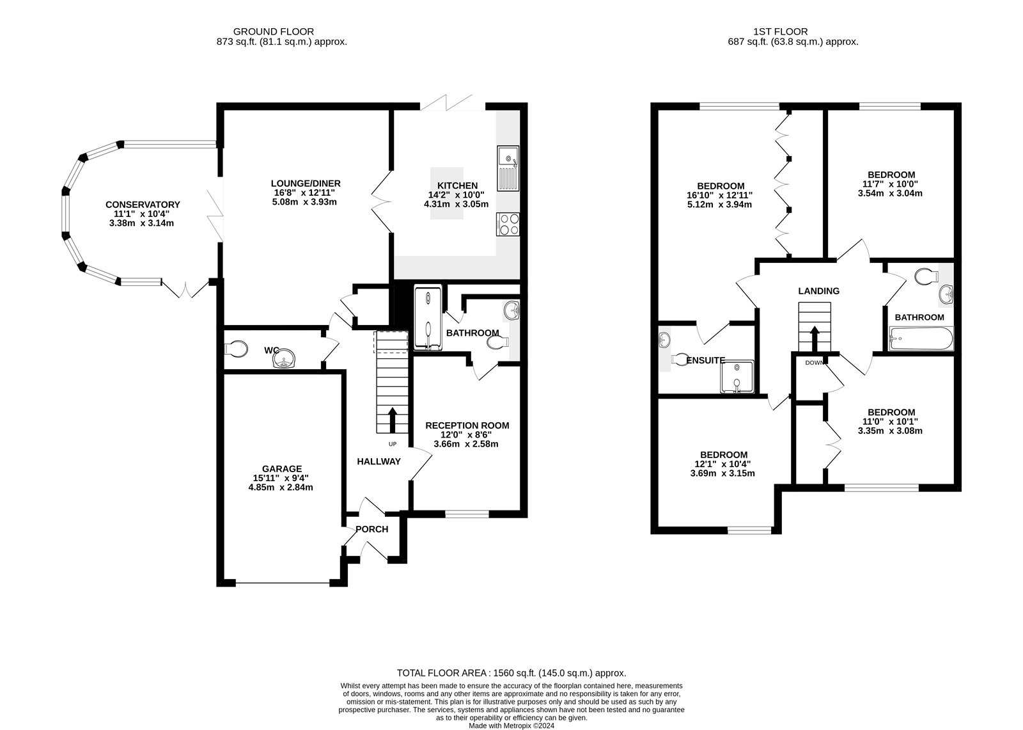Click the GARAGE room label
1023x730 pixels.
(281, 468)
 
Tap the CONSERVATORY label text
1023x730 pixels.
(143, 205)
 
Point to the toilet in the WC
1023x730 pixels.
(237, 349)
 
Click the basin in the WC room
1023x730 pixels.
(285, 360)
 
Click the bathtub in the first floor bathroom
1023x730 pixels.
(921, 337)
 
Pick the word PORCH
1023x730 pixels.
(372, 529)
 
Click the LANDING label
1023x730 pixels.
(818, 291)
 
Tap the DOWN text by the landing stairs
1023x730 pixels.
(814, 363)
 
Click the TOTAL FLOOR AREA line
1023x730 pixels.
(511, 673)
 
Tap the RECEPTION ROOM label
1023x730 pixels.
(467, 425)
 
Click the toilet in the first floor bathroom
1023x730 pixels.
(925, 276)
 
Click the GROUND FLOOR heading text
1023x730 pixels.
(273, 31)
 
